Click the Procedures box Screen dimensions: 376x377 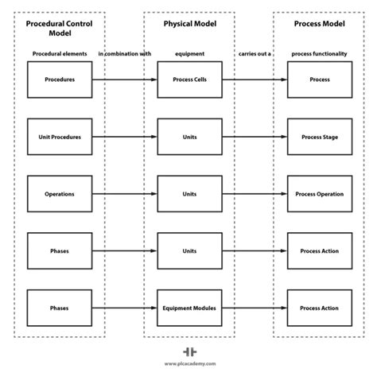coord(59,79)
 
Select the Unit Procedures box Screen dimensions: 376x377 coord(59,137)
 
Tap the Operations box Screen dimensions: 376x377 coord(59,194)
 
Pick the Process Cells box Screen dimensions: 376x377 coord(189,79)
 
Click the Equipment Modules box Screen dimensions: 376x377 coord(189,308)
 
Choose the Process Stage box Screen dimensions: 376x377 coord(320,137)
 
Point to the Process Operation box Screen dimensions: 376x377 coord(320,194)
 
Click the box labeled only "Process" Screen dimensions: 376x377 coord(320,79)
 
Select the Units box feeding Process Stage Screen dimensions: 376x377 coord(189,137)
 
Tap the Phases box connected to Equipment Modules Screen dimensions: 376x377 coord(59,308)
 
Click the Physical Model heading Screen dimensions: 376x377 coord(189,24)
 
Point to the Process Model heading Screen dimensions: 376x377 coord(320,24)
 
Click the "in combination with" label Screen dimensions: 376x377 coord(124,54)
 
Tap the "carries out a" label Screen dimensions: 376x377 coord(255,54)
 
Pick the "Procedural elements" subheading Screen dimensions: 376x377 coord(60,54)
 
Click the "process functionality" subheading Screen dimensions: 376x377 coord(320,54)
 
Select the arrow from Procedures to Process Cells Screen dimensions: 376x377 coord(124,79)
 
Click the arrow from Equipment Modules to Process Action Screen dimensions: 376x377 coord(255,308)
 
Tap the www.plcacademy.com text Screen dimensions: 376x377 coord(189,365)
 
